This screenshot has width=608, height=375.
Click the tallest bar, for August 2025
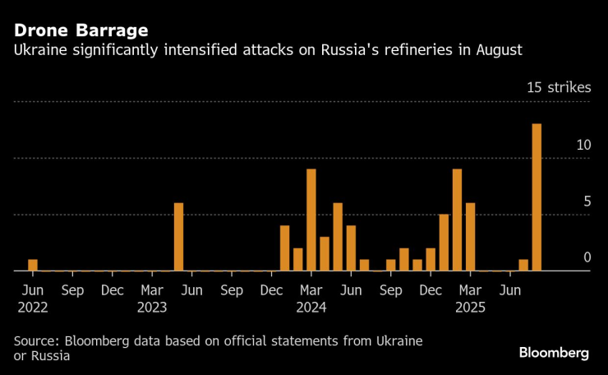(x=537, y=197)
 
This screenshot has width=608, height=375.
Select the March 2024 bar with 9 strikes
(x=311, y=220)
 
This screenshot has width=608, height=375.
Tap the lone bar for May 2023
(x=178, y=237)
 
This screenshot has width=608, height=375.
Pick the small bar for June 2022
(x=33, y=265)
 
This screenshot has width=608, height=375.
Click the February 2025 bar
(x=457, y=220)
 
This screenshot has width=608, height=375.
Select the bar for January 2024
(x=285, y=248)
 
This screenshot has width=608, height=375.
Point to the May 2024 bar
(x=338, y=237)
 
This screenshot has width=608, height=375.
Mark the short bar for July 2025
(x=523, y=265)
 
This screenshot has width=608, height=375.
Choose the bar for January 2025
(x=444, y=243)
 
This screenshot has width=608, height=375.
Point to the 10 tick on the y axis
(x=583, y=145)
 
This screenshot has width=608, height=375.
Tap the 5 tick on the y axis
(x=587, y=201)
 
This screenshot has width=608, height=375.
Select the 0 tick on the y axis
(x=587, y=258)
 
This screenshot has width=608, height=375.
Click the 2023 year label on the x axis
(x=153, y=308)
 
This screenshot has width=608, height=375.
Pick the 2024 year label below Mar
(x=311, y=308)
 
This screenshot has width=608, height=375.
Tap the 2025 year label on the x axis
(x=471, y=308)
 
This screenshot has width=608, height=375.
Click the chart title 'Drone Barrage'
(x=81, y=30)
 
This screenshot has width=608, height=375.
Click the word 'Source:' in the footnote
(x=38, y=340)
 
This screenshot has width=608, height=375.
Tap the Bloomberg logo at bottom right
(x=554, y=353)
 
